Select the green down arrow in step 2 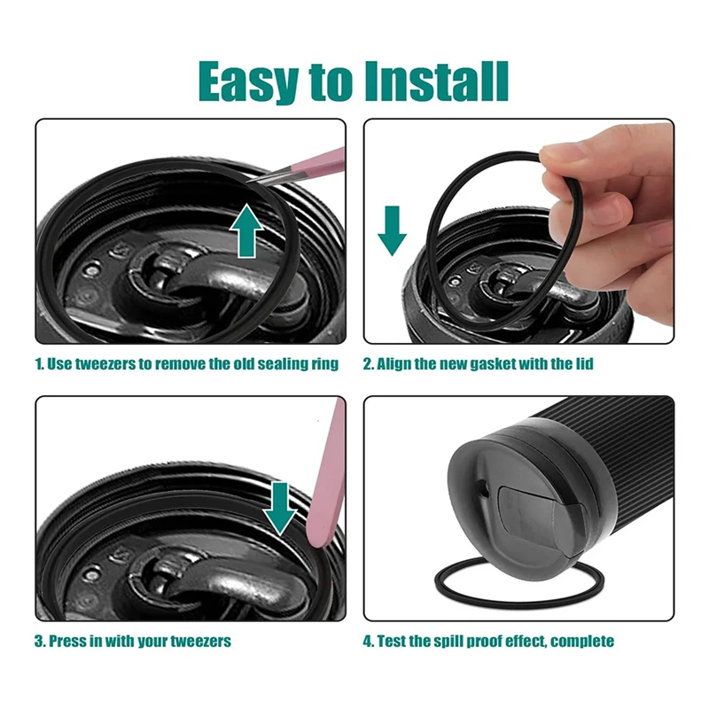click(x=391, y=229)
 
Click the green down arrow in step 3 click(x=282, y=507)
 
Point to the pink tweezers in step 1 click(x=301, y=166)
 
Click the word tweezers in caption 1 click(x=97, y=364)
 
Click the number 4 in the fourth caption click(x=368, y=641)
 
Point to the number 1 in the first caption click(x=38, y=364)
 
